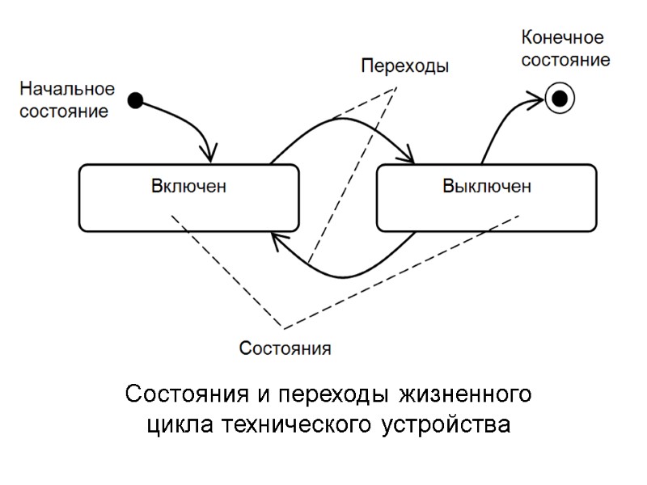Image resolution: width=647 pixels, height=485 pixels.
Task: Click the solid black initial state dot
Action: click(137, 101)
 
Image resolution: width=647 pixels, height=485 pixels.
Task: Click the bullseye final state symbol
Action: click(559, 99)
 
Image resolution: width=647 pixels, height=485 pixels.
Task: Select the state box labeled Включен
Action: click(188, 198)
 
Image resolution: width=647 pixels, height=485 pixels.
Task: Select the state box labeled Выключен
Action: click(486, 198)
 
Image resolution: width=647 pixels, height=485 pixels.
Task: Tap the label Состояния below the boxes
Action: click(285, 349)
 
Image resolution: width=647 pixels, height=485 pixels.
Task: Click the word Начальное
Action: click(67, 88)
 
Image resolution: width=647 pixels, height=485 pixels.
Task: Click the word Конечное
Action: click(563, 38)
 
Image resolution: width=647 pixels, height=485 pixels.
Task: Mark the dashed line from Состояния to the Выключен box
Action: click(404, 271)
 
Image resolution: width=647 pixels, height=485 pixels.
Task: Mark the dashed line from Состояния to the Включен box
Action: click(226, 271)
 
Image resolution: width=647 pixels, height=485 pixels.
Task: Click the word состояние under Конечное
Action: click(565, 60)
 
